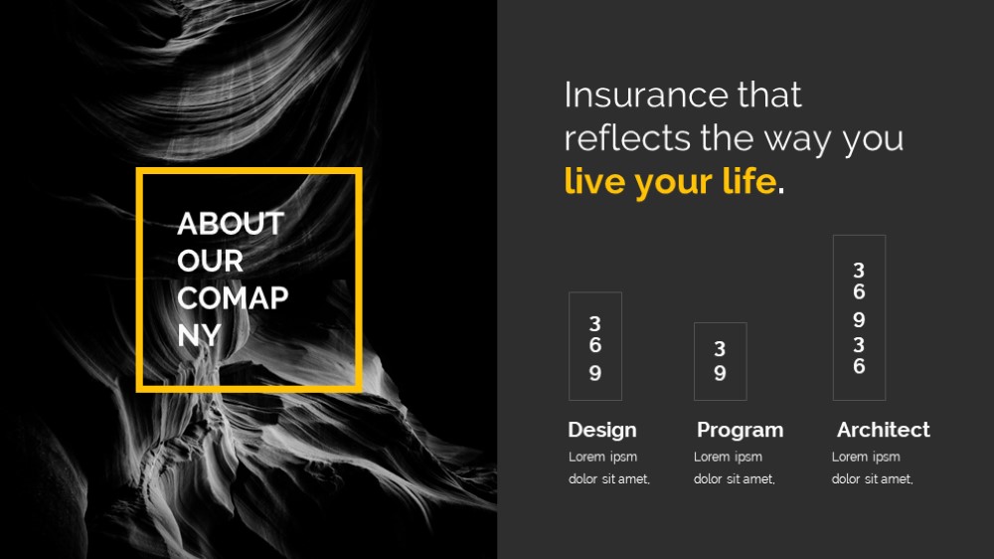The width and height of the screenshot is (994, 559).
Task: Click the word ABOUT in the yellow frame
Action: [231, 224]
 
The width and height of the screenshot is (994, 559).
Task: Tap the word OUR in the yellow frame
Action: [210, 261]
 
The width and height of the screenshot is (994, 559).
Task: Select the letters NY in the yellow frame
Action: [199, 335]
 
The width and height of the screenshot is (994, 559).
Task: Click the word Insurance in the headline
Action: [646, 95]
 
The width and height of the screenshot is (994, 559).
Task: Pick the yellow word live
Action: [594, 181]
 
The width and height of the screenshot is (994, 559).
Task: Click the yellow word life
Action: [749, 181]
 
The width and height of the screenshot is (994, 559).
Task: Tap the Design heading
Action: [602, 430]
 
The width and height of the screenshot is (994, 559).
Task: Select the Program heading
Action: [740, 430]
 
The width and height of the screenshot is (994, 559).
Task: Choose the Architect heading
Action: [883, 430]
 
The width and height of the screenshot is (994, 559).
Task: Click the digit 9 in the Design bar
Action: [594, 373]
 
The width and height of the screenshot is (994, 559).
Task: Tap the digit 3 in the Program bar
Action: [720, 348]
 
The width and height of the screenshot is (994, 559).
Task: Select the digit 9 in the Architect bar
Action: [859, 320]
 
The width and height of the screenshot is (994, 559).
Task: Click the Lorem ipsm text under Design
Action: [603, 457]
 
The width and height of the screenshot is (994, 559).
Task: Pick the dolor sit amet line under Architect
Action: [873, 479]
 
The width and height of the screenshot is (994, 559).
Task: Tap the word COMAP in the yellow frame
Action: [233, 298]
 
